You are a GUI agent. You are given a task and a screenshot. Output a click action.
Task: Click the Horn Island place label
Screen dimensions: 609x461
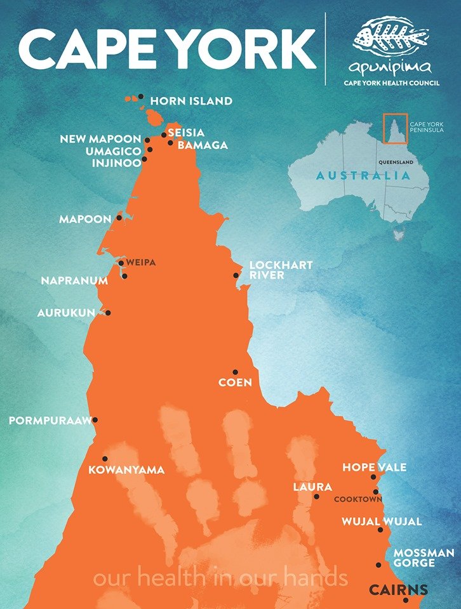click(191, 101)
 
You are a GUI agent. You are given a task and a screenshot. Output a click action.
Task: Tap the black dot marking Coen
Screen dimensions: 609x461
click(235, 372)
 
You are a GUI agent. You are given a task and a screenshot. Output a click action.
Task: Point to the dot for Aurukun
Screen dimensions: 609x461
click(108, 313)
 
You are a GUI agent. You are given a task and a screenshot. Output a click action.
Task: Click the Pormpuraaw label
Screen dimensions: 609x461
click(50, 421)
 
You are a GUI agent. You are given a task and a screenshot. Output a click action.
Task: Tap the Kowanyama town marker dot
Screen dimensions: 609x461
click(105, 459)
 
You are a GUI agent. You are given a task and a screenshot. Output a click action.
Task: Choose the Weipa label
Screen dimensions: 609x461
click(140, 262)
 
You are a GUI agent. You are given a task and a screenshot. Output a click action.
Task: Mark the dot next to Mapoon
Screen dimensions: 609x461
click(119, 218)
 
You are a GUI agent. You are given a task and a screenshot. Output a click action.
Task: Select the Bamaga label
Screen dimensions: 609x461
click(203, 145)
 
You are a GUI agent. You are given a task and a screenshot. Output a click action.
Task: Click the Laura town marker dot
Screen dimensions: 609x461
click(316, 496)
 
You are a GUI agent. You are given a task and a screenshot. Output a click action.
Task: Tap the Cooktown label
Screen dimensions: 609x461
click(359, 499)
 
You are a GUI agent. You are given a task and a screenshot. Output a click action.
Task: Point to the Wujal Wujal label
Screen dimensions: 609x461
click(382, 521)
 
